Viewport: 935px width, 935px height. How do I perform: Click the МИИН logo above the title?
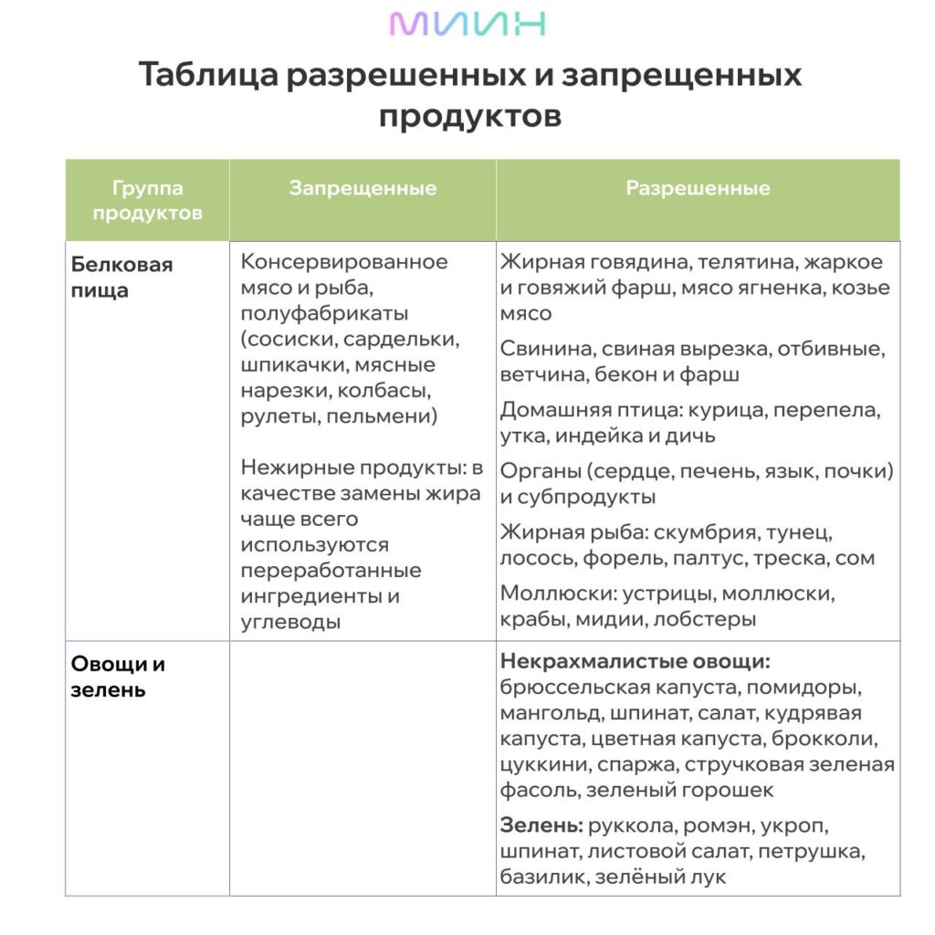click(467, 24)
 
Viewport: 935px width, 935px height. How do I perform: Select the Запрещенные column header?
click(362, 189)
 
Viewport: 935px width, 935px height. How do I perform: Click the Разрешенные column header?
click(698, 189)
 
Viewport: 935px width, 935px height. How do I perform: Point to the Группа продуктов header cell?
click(147, 201)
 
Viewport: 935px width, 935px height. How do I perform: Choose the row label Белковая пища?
click(121, 278)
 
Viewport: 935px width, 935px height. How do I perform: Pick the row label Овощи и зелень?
click(118, 677)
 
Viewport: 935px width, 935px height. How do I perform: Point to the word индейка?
click(594, 436)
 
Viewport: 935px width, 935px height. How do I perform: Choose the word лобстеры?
click(704, 618)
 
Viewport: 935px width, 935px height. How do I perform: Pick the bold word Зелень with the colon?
click(541, 826)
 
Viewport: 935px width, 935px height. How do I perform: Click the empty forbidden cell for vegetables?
click(362, 767)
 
